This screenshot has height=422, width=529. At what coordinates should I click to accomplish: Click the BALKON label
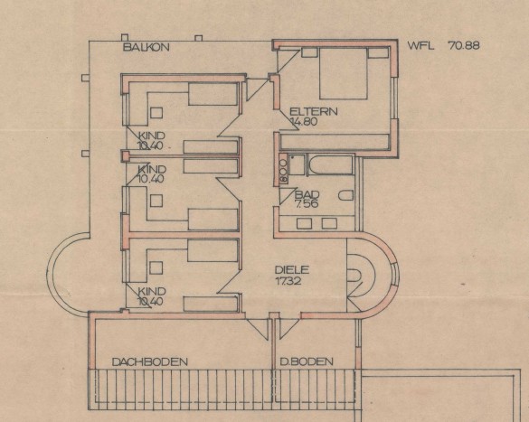point(146,47)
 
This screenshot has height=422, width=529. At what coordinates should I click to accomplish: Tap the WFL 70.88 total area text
point(443,45)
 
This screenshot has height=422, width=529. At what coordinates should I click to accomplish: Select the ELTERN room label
point(314,111)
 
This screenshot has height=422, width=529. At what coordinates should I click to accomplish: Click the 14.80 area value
point(304,121)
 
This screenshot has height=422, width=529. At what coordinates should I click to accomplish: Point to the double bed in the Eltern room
point(343,73)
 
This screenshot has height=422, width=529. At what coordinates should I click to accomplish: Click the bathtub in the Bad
point(330,164)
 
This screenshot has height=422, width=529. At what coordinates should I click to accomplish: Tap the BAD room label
point(307,194)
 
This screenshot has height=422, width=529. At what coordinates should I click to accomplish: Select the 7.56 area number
point(307,203)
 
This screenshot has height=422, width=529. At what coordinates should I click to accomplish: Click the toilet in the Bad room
point(345,195)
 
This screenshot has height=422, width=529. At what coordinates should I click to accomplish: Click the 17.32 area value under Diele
point(288,280)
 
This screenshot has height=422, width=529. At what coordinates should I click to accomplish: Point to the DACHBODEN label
point(149,362)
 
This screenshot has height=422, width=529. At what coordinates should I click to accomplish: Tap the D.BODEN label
point(307,361)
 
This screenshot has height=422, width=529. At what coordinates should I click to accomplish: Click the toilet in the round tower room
point(354,276)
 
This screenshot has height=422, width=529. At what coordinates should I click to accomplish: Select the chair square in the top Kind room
point(156,113)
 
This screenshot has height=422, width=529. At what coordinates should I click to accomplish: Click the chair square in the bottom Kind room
point(156,268)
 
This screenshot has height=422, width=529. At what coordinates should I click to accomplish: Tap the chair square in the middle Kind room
point(156,201)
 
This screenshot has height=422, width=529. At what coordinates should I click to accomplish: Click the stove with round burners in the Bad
point(283,169)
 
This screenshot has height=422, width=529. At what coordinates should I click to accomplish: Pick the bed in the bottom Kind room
point(213,250)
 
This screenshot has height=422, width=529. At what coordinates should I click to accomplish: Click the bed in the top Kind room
point(213,94)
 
